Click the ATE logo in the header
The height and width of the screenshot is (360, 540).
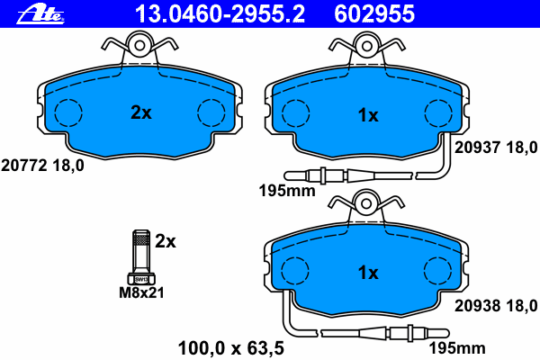[x=40, y=15]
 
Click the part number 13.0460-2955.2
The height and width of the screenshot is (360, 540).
[x=220, y=14]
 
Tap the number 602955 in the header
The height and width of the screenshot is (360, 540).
[x=374, y=14]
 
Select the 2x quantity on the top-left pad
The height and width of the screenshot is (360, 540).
[x=141, y=112]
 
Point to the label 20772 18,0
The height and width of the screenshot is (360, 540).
[x=42, y=166]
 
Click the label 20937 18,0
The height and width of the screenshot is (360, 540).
[x=496, y=148]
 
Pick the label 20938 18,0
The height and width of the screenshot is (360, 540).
[x=496, y=306]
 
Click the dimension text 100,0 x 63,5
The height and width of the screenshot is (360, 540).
[x=231, y=348]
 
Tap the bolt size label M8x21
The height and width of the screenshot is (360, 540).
[x=141, y=292]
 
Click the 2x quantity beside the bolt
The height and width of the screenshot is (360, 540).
[x=166, y=241]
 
